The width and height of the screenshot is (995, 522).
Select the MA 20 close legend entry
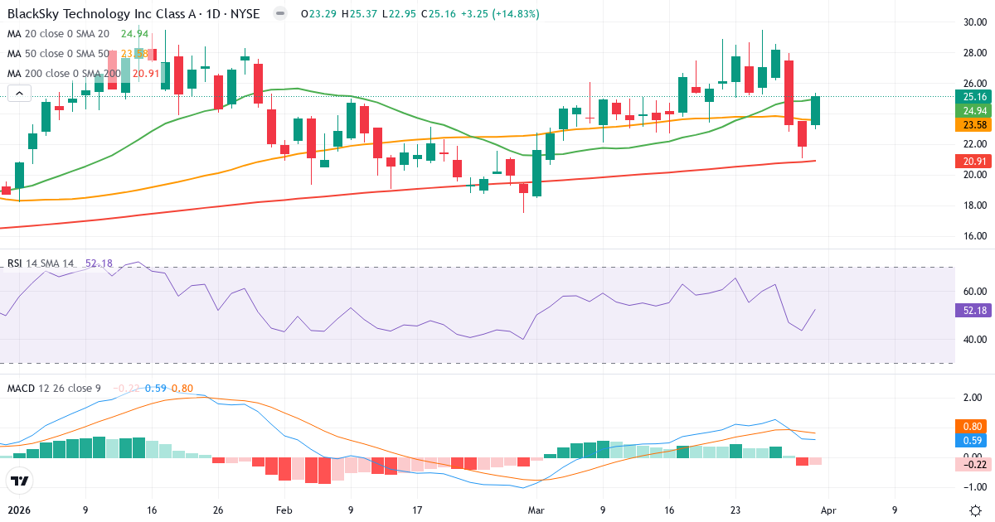pyautogui.click(x=58, y=34)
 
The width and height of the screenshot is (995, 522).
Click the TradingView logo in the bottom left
pyautogui.click(x=20, y=481)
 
